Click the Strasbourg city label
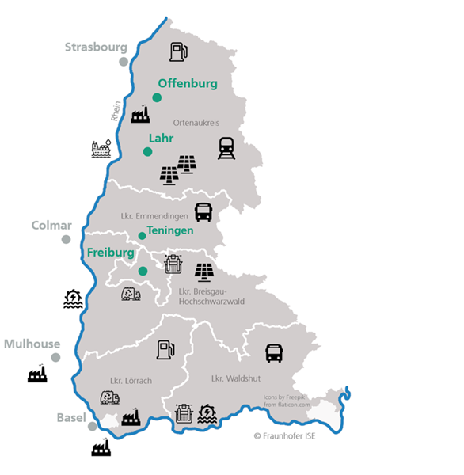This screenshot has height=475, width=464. pos(96,47)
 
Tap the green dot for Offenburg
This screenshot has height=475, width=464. pos(157,97)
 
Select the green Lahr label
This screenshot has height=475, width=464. pos(161,138)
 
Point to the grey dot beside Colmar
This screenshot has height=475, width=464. pos(66,239)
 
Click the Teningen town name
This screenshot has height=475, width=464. pos(170,230)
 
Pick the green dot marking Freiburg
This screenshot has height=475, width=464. pos(143,271)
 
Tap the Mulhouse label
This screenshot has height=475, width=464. pos(32,344)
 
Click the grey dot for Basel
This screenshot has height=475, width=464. pos(93,426)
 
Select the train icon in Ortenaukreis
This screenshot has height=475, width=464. pos(226,148)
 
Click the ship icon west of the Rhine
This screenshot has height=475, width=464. pos(101,149)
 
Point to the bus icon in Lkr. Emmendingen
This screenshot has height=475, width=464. pos(203,212)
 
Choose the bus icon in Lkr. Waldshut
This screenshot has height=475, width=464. pos(274,353)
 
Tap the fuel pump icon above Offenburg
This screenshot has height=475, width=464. pos(179,52)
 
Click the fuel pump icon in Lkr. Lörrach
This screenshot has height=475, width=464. pos(165,349)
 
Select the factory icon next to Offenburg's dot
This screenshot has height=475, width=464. pos(140,115)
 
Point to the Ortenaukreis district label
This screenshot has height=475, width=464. pos(196,123)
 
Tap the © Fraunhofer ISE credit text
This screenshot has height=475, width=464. pos(284,435)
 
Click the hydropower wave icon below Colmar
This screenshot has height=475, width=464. pos(73,298)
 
